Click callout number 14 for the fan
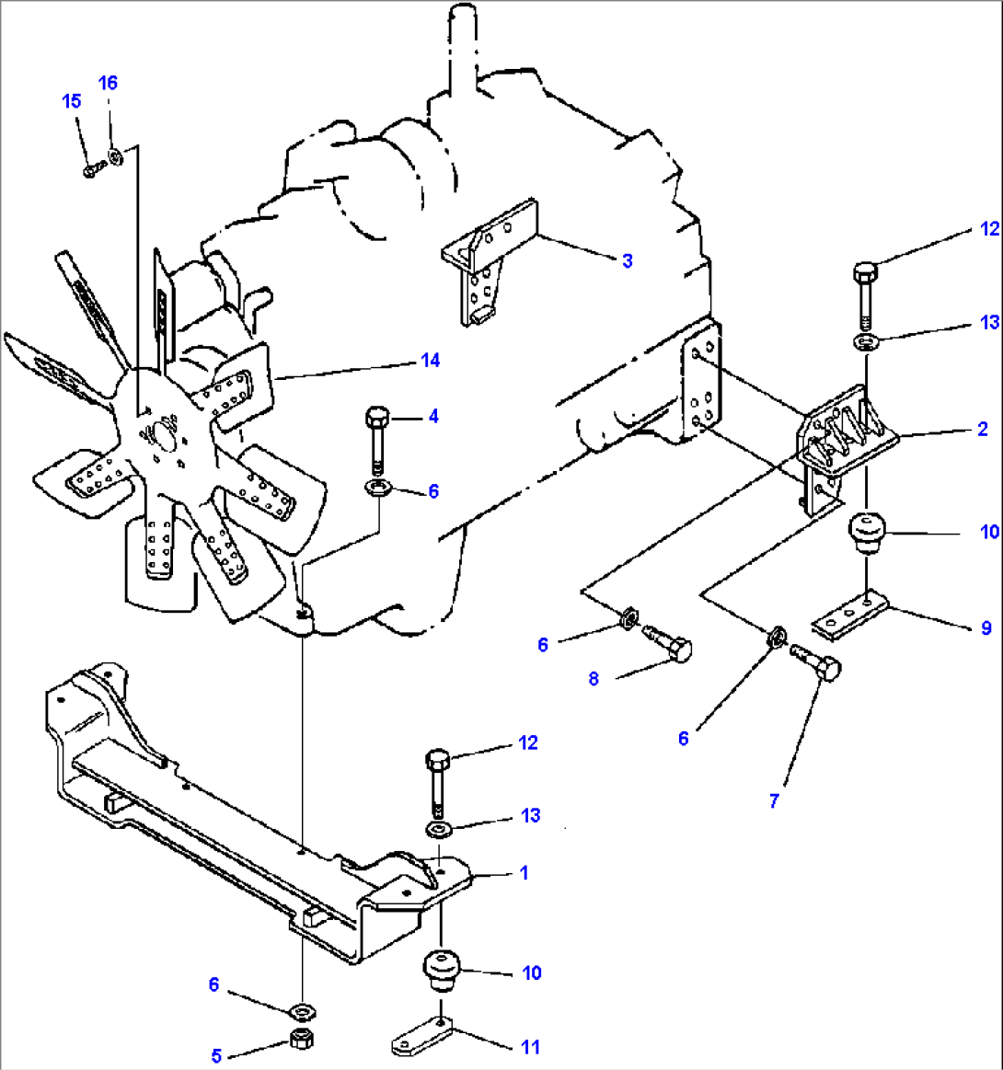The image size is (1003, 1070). [430, 361]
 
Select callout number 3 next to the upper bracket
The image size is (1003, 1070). [628, 261]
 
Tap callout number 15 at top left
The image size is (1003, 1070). [72, 101]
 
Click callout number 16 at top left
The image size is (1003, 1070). [108, 83]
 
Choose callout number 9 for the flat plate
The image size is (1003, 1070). [986, 628]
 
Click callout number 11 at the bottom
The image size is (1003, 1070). [530, 1047]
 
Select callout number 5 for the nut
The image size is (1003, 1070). [216, 1056]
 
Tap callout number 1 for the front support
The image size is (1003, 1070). [525, 872]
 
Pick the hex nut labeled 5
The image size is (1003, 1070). [299, 1041]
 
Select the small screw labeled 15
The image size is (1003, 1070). [90, 170]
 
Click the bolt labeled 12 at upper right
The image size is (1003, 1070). [865, 293]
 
